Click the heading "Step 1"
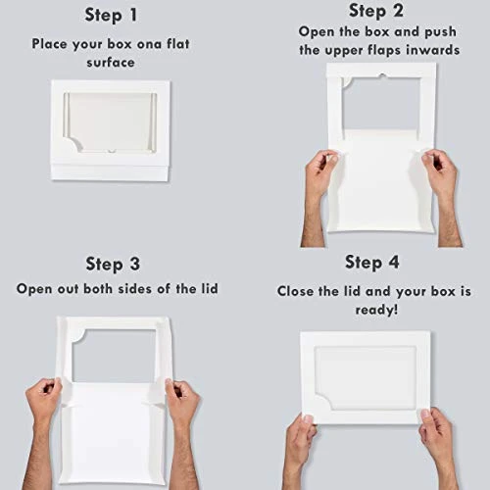coord(111,16)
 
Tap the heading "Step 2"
coord(376,11)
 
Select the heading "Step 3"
coord(113,264)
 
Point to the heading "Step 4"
coord(372,263)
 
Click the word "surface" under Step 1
coord(111,63)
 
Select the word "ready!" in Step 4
coord(376,310)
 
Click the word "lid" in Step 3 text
coord(209,288)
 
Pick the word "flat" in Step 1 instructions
coord(178,43)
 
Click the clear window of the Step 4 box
coord(366,378)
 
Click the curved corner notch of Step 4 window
coord(325,400)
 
